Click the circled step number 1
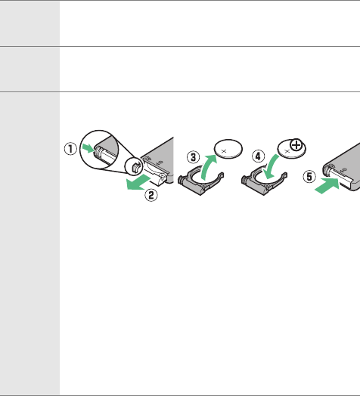70,149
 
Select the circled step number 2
151,195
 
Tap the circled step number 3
193,157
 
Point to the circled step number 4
258,156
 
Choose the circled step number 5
309,177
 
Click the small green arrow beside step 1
88,148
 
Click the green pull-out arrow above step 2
138,182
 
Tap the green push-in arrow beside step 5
327,185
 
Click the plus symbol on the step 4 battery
296,145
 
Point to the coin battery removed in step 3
228,149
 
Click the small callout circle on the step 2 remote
134,166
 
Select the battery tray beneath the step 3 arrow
200,182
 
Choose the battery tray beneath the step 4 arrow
264,182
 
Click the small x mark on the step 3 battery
224,151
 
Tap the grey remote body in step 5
344,164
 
